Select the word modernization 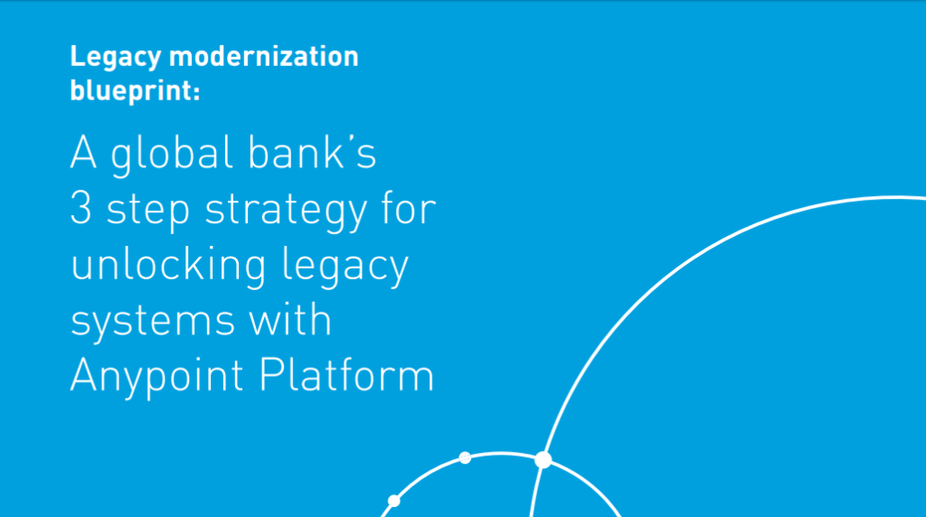pyautogui.click(x=263, y=57)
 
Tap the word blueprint pyautogui.click(x=131, y=91)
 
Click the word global pyautogui.click(x=172, y=155)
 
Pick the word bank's pyautogui.click(x=311, y=152)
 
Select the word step pyautogui.click(x=147, y=211)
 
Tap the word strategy pyautogui.click(x=286, y=211)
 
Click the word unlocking pyautogui.click(x=168, y=266)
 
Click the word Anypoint pyautogui.click(x=156, y=377)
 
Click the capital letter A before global pyautogui.click(x=83, y=152)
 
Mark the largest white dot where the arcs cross pyautogui.click(x=543, y=460)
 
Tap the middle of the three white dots pyautogui.click(x=465, y=457)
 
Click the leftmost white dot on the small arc pyautogui.click(x=394, y=501)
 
